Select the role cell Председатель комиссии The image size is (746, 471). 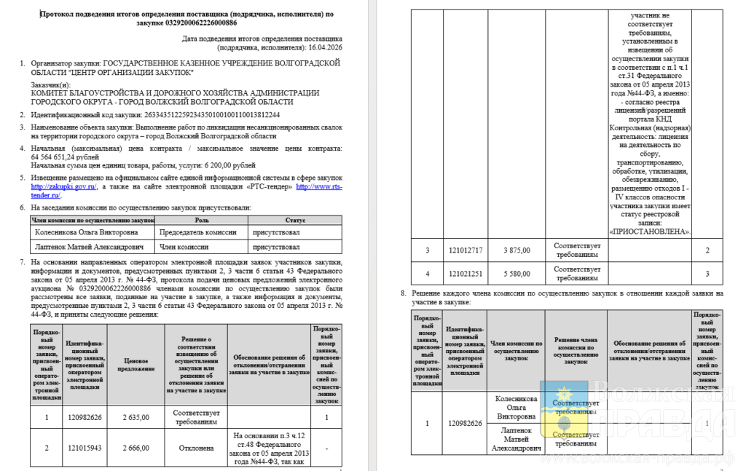point(198,233)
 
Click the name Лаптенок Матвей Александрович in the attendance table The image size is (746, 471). point(90,248)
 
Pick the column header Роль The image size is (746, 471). point(202,219)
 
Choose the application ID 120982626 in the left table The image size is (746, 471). point(85,417)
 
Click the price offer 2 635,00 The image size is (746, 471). point(135,417)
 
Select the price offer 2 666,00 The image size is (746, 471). point(135,448)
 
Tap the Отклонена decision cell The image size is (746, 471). point(197,448)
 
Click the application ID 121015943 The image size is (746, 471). point(85,448)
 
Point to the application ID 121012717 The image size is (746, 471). point(466,250)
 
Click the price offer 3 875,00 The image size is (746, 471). point(517,250)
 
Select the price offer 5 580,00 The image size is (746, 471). point(517,273)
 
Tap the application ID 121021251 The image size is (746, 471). point(466,273)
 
